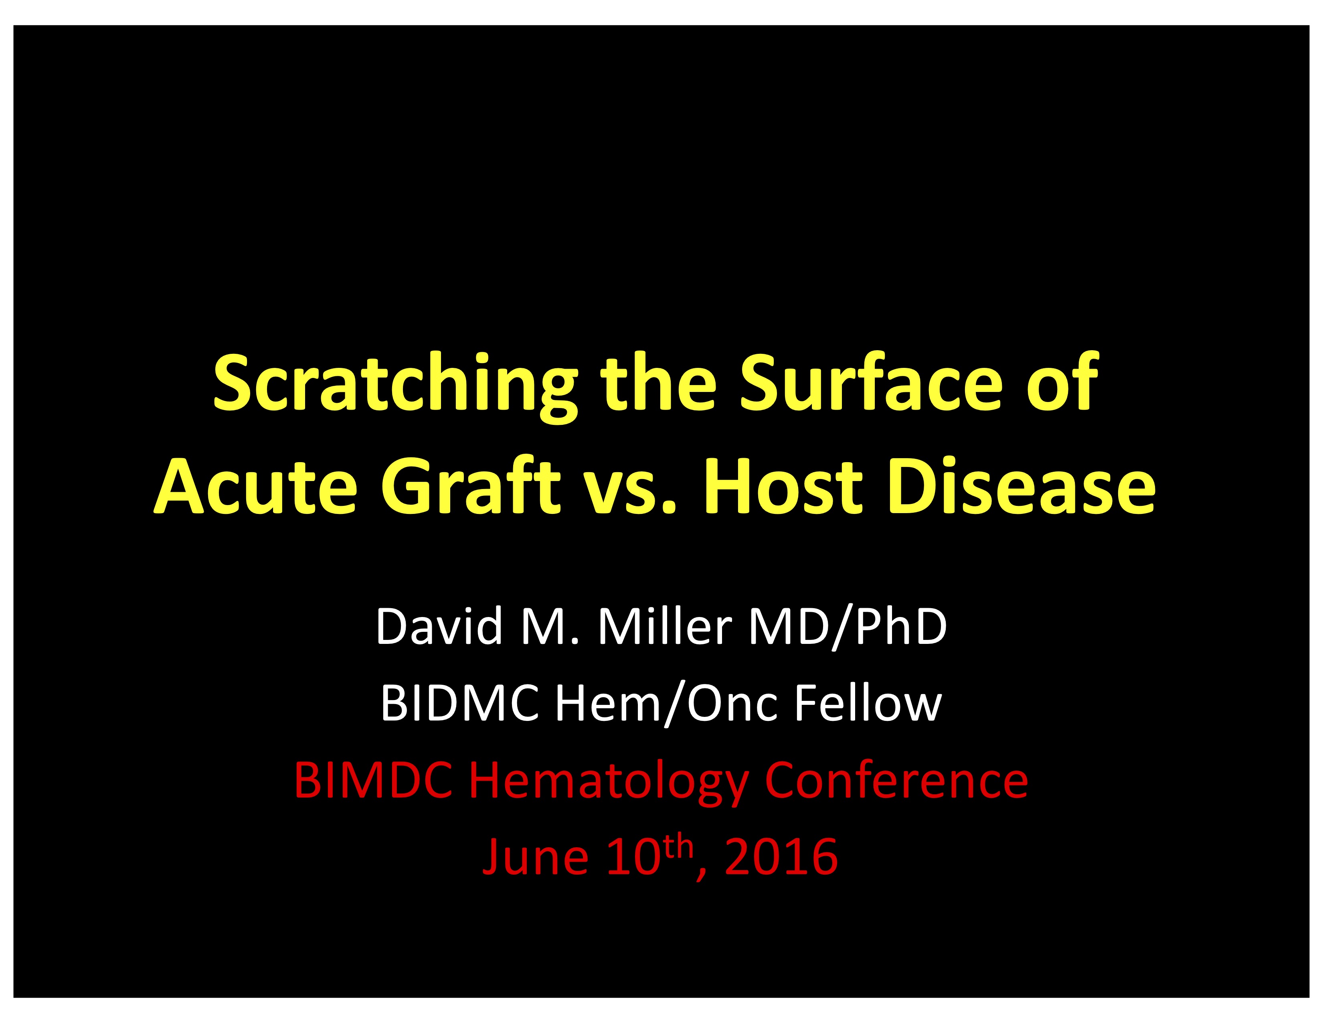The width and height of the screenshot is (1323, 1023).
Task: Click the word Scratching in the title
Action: coord(395,386)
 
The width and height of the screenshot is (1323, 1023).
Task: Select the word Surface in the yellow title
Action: coord(873,382)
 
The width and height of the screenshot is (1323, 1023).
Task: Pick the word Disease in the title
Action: coord(1022,487)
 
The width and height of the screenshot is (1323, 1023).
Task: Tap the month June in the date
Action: coord(535,858)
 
